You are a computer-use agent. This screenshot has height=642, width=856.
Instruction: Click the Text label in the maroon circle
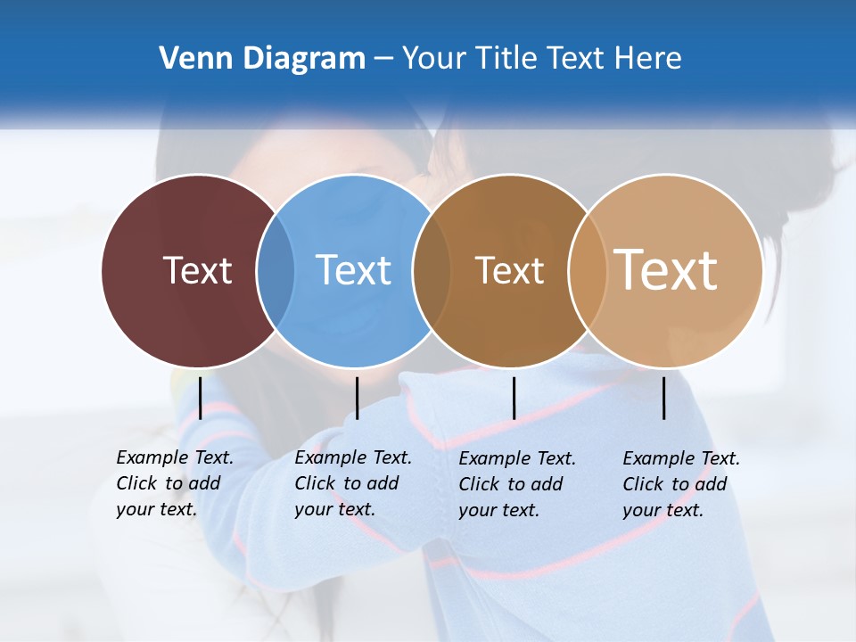pyautogui.click(x=197, y=270)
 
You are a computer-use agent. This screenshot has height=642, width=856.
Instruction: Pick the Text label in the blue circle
pyautogui.click(x=353, y=270)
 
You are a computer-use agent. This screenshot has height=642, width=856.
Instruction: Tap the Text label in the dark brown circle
pyautogui.click(x=509, y=270)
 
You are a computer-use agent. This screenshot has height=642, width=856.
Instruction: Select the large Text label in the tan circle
pyautogui.click(x=666, y=270)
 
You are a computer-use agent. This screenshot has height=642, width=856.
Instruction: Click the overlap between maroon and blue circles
pyautogui.click(x=276, y=271)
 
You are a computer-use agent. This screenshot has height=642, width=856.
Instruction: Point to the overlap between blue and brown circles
pyautogui.click(x=432, y=271)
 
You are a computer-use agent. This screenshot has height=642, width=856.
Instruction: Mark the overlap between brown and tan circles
pyautogui.click(x=587, y=271)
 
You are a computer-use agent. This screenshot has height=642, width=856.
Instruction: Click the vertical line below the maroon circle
pyautogui.click(x=200, y=398)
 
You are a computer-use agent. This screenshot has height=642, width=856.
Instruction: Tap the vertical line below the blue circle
pyautogui.click(x=357, y=398)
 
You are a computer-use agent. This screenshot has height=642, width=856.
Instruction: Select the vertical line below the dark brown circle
pyautogui.click(x=514, y=398)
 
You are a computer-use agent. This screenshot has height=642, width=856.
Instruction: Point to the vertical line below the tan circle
pyautogui.click(x=663, y=398)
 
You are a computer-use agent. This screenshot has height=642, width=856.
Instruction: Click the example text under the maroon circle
pyautogui.click(x=174, y=484)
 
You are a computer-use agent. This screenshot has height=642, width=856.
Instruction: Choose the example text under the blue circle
pyautogui.click(x=352, y=484)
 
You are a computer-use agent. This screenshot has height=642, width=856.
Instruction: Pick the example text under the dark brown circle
pyautogui.click(x=516, y=484)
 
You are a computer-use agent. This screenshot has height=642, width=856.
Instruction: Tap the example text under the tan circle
pyautogui.click(x=680, y=484)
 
